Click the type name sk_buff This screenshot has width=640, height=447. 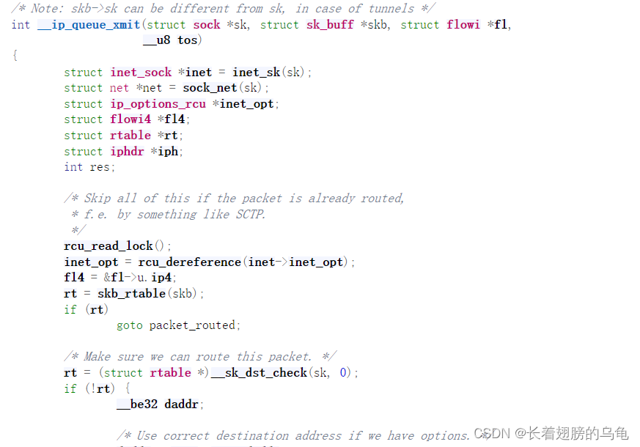click(x=330, y=25)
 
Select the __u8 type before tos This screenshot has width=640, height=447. click(x=156, y=40)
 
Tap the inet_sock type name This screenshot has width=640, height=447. click(x=141, y=72)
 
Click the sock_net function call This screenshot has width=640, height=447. click(x=210, y=88)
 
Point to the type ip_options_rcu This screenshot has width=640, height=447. click(x=158, y=104)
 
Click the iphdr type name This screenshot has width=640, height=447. click(x=129, y=152)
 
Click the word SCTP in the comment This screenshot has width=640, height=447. click(x=249, y=215)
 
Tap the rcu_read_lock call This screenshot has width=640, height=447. click(x=108, y=246)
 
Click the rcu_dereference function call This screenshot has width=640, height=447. click(x=189, y=262)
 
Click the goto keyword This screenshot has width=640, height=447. click(x=130, y=325)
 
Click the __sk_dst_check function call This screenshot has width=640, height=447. click(x=259, y=373)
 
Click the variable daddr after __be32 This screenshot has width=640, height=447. click(x=184, y=404)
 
